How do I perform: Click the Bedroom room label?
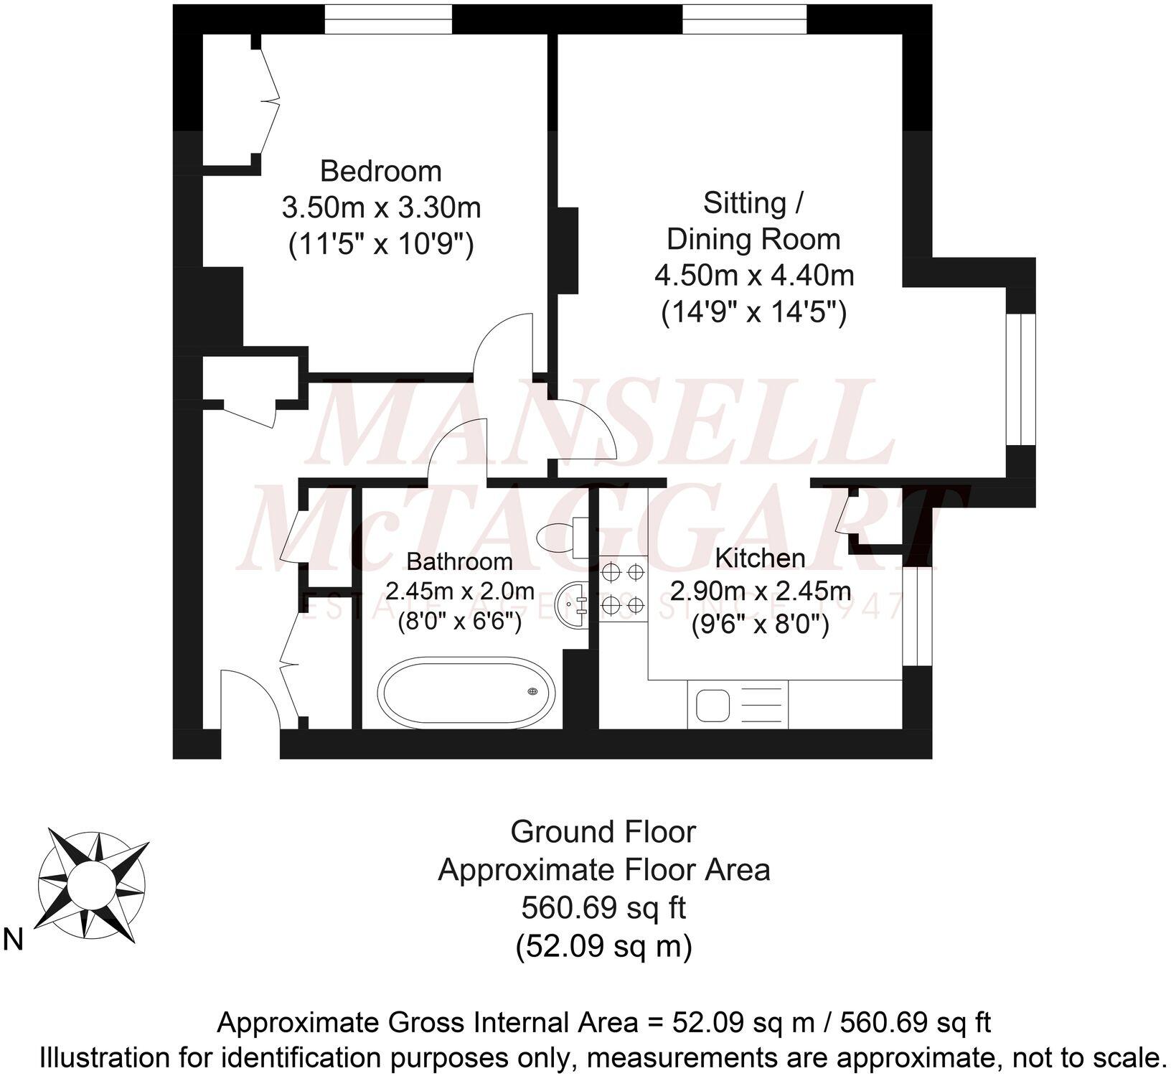(x=380, y=172)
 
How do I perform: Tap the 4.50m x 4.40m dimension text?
(x=753, y=276)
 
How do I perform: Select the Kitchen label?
(x=760, y=558)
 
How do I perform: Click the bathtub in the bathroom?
(x=466, y=693)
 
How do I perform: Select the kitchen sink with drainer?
(x=738, y=704)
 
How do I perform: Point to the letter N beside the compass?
(x=14, y=940)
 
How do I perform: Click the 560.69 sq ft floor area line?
(x=603, y=908)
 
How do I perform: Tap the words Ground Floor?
(x=603, y=832)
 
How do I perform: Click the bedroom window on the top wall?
(x=388, y=19)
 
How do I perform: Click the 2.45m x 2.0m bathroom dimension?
(x=459, y=591)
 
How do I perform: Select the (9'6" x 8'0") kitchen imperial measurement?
(x=760, y=626)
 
